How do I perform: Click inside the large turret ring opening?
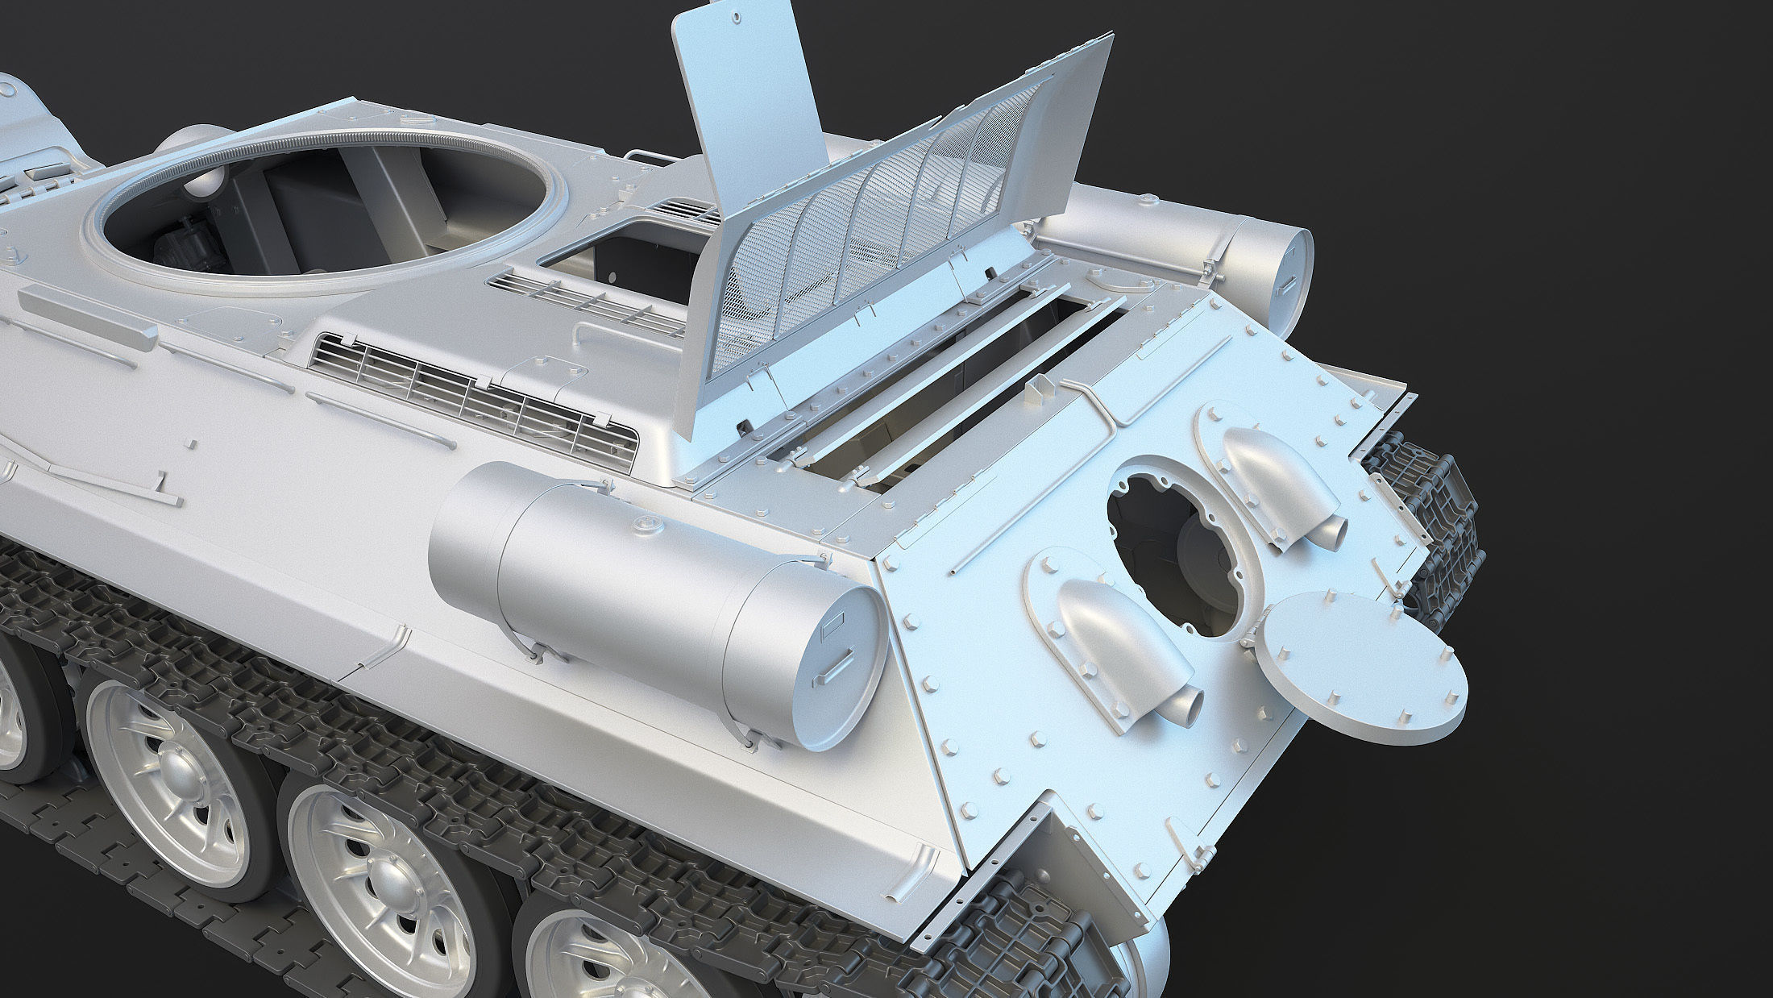322,218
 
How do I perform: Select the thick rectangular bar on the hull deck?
84,319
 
